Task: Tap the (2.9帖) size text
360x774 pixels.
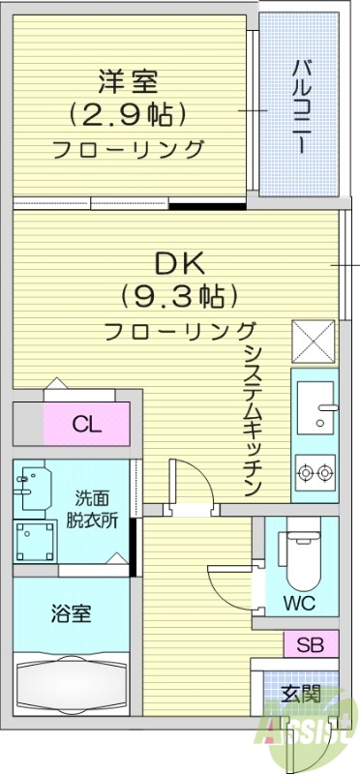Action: point(125,115)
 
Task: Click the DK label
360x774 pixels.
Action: point(179,262)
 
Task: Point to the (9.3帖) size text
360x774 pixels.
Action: point(179,294)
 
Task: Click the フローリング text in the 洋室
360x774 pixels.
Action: point(128,149)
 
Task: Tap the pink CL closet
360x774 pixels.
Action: point(86,424)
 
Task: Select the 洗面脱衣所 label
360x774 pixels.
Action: point(97,509)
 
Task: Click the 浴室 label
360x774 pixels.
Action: point(71,613)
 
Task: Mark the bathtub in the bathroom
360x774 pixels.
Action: point(70,688)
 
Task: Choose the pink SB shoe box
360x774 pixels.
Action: point(311,643)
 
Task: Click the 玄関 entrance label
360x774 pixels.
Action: point(301,693)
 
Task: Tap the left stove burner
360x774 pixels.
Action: point(307,473)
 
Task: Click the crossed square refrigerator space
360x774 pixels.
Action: point(315,340)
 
